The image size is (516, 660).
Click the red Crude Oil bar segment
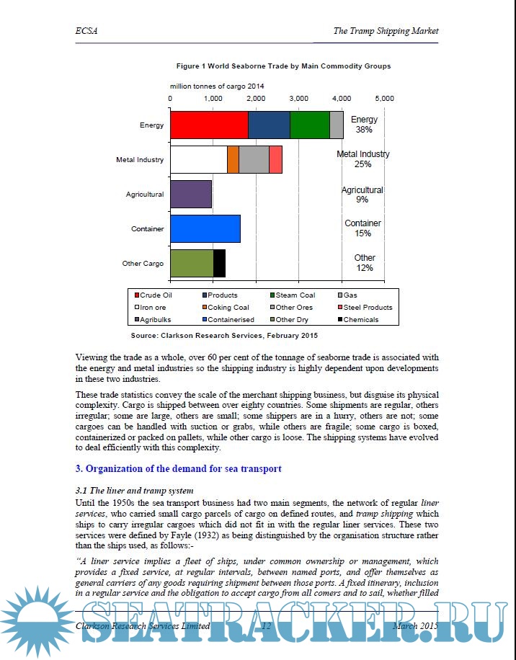point(209,125)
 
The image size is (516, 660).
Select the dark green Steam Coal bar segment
point(309,125)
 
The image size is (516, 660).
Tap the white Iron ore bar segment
point(198,159)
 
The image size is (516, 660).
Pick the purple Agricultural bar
point(191,194)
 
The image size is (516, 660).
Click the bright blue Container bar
point(205,228)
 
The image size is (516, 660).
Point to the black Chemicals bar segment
point(219,263)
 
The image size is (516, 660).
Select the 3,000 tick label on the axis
point(298,97)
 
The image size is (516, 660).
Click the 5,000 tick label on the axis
point(384,97)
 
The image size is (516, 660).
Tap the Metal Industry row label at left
point(140,159)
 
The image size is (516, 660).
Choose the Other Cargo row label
point(143,264)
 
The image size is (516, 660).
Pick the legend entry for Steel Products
point(367,307)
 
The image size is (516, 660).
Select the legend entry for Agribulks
point(155,319)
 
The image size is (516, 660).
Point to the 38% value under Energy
point(364,130)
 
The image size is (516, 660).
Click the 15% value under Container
point(362,233)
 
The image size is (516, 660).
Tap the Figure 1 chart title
point(284,66)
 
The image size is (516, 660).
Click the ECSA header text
point(86,31)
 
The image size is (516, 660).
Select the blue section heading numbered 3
point(178,468)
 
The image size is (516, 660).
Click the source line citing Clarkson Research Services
point(223,336)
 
